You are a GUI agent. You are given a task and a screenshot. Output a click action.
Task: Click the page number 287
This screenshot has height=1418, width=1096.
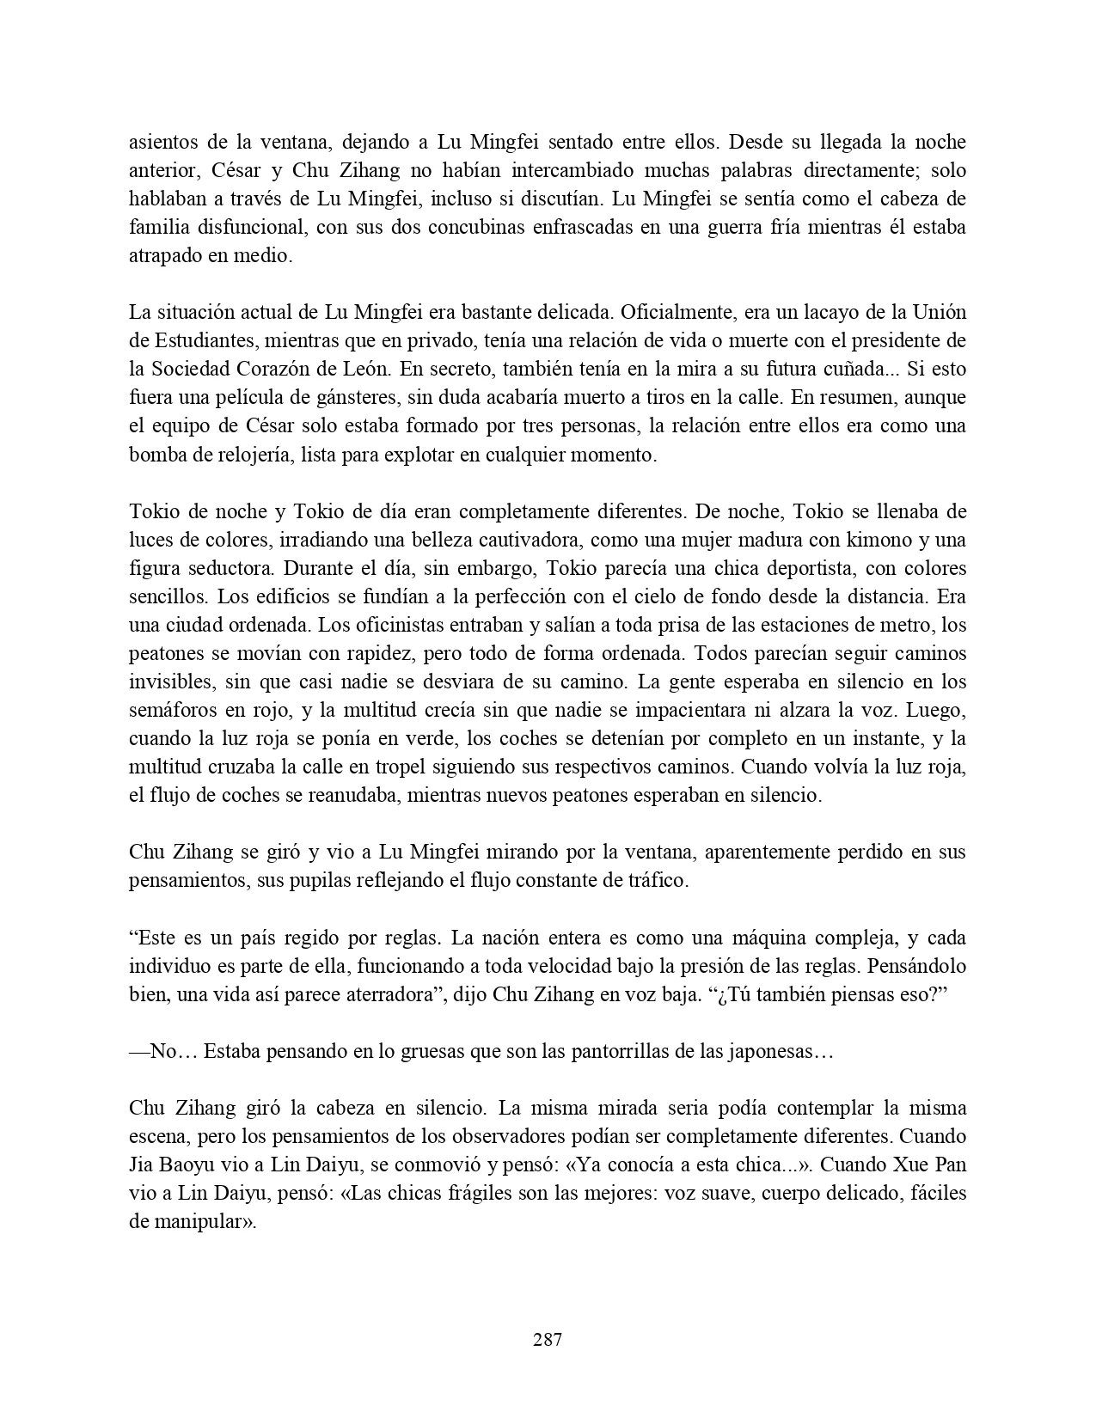click(548, 1339)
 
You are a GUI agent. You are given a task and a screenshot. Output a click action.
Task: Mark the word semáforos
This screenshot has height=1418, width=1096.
click(173, 710)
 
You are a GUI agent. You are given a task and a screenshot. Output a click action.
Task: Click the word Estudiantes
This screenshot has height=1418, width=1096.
click(200, 341)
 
